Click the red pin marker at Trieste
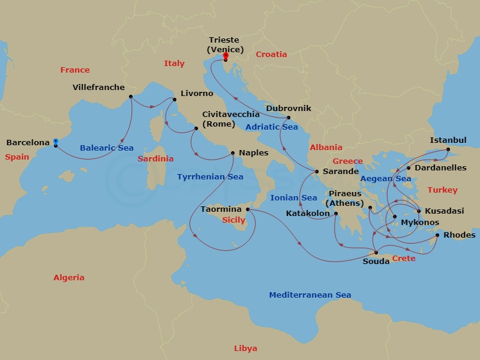[226, 58]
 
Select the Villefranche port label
[98, 87]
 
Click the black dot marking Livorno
[174, 100]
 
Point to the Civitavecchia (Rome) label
[231, 119]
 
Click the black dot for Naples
[233, 153]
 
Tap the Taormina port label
[221, 209]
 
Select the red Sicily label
[234, 220]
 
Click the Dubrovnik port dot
[289, 118]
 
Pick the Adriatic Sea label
[271, 127]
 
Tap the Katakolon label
[308, 213]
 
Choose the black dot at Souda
[376, 252]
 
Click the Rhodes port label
[460, 235]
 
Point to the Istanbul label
[448, 140]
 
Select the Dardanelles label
[440, 168]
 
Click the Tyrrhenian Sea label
[210, 176]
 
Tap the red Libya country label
[245, 349]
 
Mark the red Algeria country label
[69, 278]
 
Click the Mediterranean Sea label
[310, 295]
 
